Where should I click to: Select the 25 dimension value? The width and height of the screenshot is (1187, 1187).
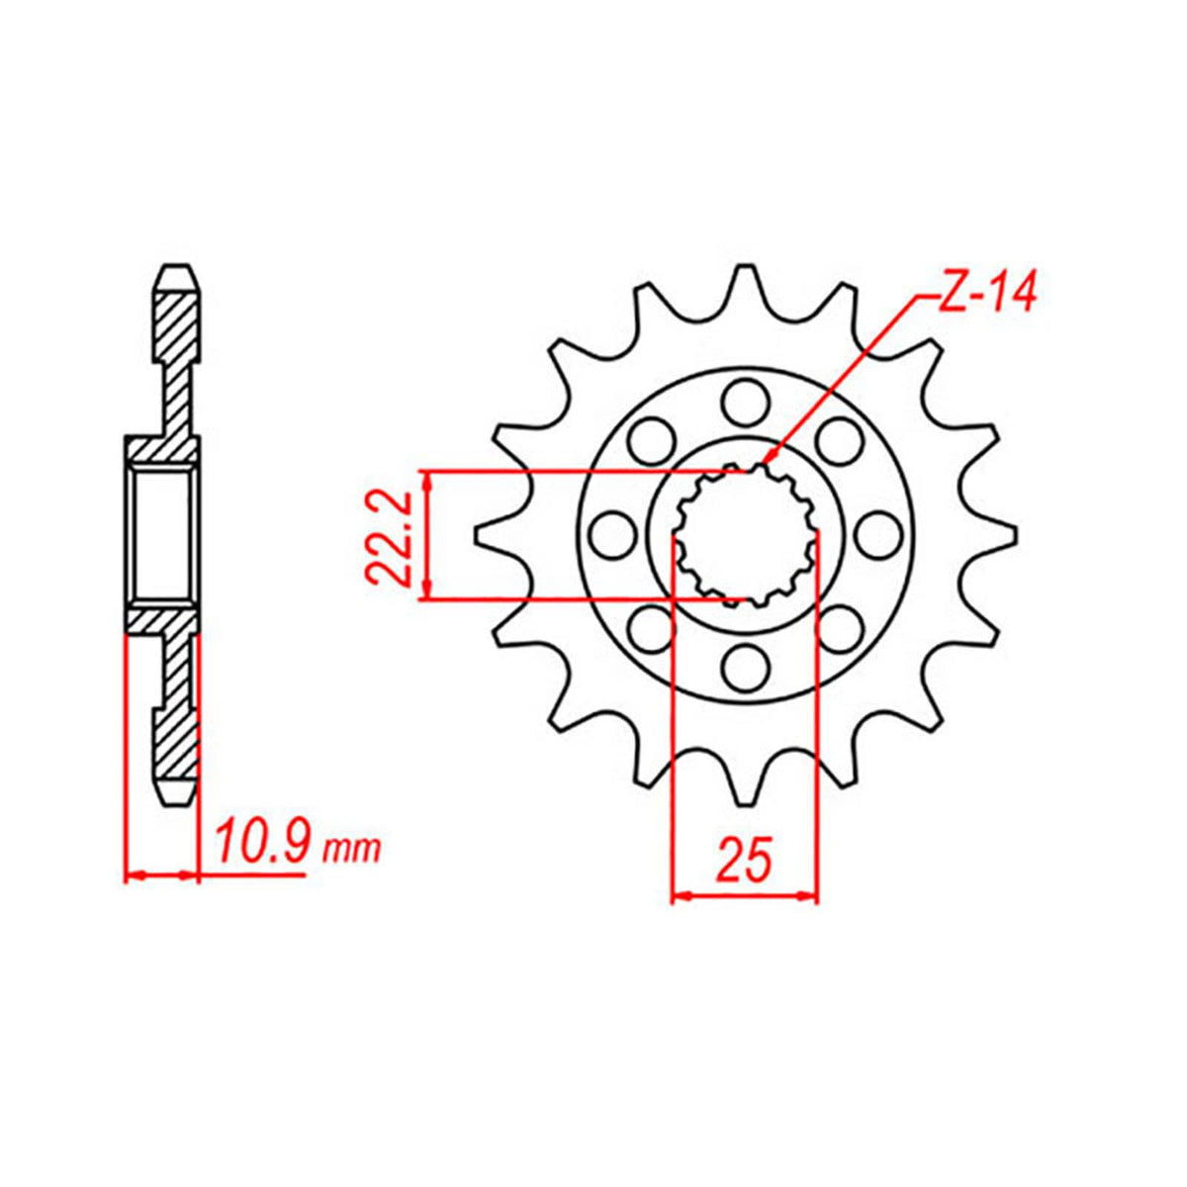click(744, 862)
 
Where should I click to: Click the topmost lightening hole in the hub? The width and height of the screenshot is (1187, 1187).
click(745, 404)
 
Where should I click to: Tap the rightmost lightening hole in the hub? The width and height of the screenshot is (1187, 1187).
click(876, 535)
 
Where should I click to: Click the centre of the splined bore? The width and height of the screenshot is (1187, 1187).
click(745, 535)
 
